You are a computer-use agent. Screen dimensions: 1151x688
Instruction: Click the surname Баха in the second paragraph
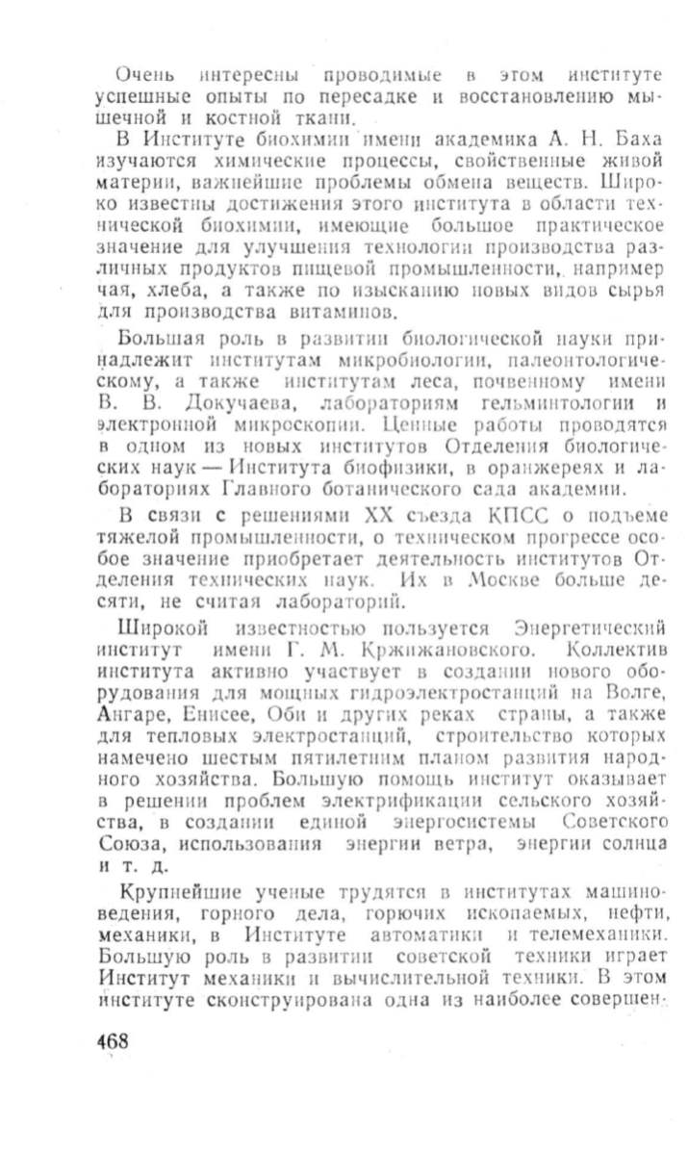(x=635, y=141)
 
